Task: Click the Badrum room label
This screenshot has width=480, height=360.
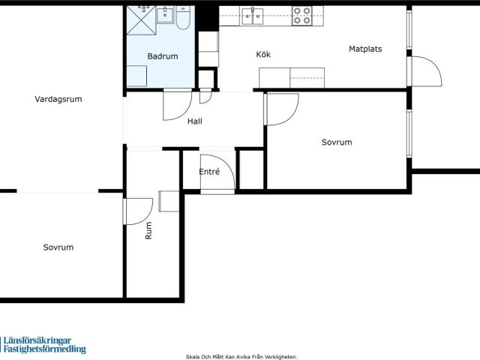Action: (163, 56)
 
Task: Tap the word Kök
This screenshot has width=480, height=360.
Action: (263, 55)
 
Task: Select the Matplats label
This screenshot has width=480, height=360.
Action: (365, 49)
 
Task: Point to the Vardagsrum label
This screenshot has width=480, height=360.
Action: (58, 100)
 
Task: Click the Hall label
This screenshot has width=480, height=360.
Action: (195, 121)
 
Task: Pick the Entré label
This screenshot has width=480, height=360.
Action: (209, 172)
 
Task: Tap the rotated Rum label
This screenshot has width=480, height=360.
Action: (148, 230)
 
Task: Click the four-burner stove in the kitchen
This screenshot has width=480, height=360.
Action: (301, 16)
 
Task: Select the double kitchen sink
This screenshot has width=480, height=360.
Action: (252, 16)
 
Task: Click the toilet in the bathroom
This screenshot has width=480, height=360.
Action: (183, 17)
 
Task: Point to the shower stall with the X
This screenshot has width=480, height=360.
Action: (141, 20)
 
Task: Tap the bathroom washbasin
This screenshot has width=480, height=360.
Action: (165, 15)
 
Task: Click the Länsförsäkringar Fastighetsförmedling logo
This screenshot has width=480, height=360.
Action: (43, 345)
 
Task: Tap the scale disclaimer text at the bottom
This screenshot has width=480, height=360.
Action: (241, 357)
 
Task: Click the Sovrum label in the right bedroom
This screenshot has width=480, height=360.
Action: (337, 142)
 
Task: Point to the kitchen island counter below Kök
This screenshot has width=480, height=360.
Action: (292, 78)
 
